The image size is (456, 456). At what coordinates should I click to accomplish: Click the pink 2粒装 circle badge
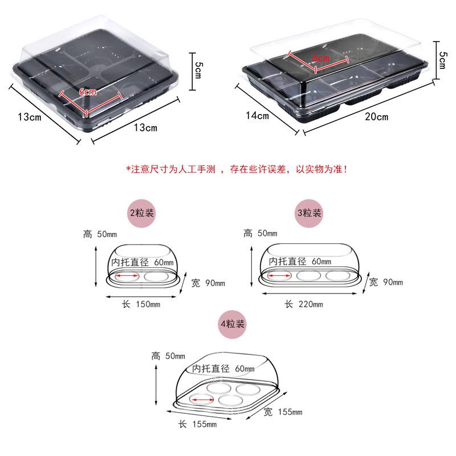click(x=141, y=213)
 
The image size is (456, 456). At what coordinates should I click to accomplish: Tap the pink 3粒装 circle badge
click(x=309, y=213)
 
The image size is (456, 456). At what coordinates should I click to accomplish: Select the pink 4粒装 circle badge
click(x=232, y=324)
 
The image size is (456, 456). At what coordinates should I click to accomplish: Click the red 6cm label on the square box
click(x=88, y=92)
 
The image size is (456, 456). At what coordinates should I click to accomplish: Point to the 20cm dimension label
click(x=377, y=117)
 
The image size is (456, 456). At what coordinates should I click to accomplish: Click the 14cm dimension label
click(x=258, y=116)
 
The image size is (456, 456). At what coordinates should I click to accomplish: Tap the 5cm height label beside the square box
click(x=198, y=70)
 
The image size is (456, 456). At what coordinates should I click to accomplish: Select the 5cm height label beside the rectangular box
click(x=443, y=60)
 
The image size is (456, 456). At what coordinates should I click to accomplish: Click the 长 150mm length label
click(x=141, y=304)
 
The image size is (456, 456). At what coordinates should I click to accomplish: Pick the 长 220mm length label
click(x=304, y=304)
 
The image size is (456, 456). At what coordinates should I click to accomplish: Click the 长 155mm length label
click(x=197, y=424)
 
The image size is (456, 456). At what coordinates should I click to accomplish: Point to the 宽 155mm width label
click(x=283, y=412)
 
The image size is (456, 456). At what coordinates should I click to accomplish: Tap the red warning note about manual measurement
click(x=237, y=169)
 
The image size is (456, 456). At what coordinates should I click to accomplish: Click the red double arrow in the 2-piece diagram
click(x=127, y=275)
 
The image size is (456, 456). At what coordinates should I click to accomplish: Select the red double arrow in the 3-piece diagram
click(x=279, y=275)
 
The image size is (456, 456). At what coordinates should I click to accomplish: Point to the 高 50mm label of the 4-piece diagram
click(x=168, y=356)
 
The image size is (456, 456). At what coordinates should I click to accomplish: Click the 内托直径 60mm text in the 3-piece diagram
click(x=300, y=262)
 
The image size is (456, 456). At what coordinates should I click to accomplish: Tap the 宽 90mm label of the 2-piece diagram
click(x=208, y=283)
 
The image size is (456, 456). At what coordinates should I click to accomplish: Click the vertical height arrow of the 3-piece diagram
click(x=251, y=266)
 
